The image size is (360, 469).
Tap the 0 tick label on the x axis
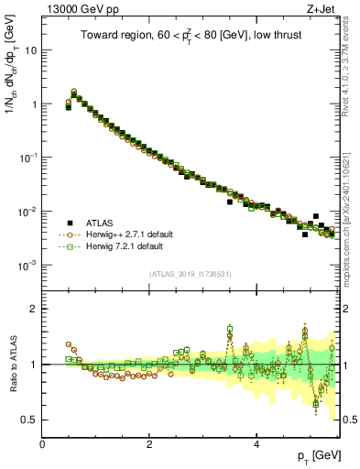pyautogui.click(x=42, y=442)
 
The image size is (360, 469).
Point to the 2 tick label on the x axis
pyautogui.click(x=149, y=442)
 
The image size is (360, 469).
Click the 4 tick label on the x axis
pyautogui.click(x=256, y=442)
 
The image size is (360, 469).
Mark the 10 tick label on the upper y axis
pyautogui.click(x=29, y=50)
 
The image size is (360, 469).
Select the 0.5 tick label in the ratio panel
pyautogui.click(x=27, y=420)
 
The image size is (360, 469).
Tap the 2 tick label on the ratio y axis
pyautogui.click(x=33, y=309)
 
